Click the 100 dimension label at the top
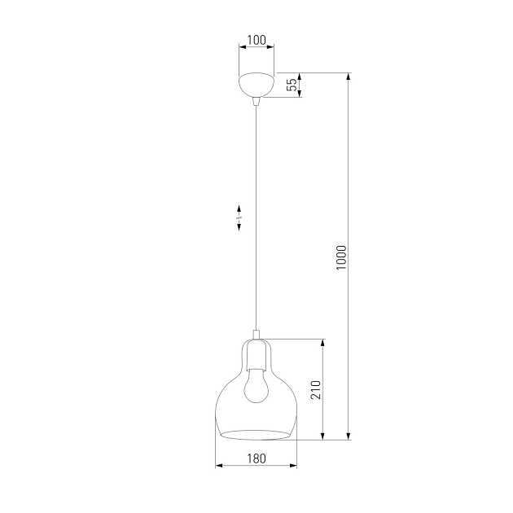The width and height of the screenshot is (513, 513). [256, 40]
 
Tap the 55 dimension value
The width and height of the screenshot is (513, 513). [292, 85]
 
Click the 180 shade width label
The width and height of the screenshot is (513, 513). [256, 458]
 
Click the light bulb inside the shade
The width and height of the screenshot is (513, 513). [256, 388]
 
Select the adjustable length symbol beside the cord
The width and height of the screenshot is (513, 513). [239, 217]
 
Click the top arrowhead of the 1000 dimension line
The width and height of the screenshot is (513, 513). [349, 78]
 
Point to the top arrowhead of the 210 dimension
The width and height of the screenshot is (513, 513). [324, 343]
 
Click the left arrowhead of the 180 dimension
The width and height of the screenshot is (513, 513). [219, 467]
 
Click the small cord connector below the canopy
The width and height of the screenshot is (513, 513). [256, 101]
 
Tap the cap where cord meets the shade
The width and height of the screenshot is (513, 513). [256, 334]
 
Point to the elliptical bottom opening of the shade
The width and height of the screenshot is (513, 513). [256, 432]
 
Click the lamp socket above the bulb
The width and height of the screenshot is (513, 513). [256, 357]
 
